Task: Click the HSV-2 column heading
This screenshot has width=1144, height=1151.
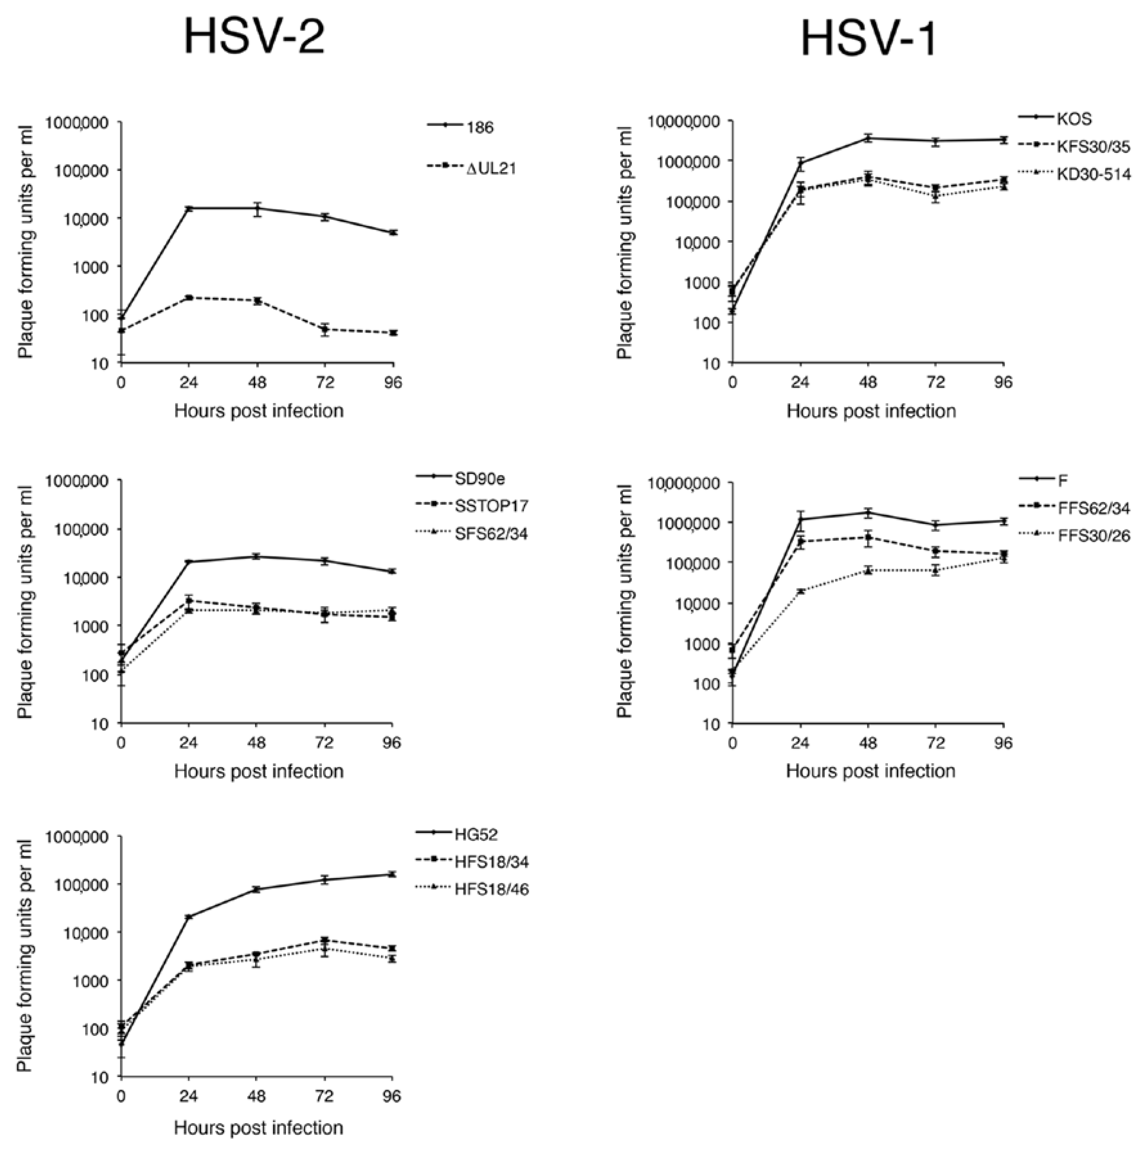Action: click(254, 37)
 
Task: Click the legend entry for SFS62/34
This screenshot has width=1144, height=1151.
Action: click(491, 534)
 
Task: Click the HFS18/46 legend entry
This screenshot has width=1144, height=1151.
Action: click(491, 890)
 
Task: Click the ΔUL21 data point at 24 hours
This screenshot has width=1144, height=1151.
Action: click(189, 297)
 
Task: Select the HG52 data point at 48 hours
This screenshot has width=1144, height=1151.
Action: click(257, 889)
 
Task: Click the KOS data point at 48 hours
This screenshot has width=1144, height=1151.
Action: click(868, 138)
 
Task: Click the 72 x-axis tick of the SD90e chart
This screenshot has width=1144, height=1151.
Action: click(324, 743)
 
